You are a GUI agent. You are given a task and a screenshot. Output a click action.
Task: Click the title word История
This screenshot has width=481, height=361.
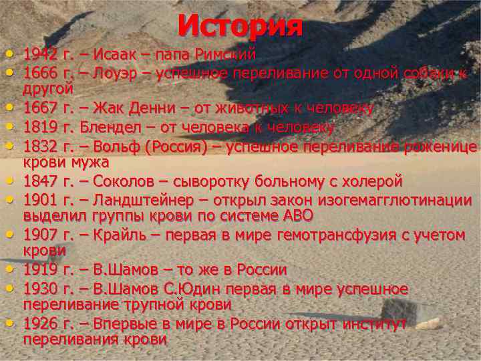coord(240,26)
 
